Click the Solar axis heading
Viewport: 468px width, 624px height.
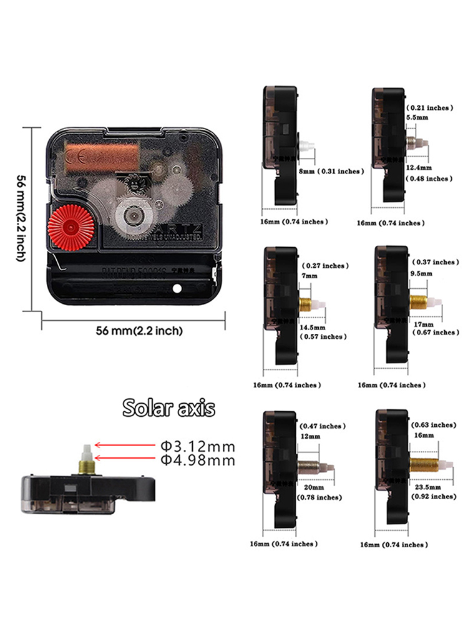point(168,408)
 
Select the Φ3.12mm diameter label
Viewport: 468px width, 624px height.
point(198,447)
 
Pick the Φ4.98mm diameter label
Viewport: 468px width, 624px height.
point(198,461)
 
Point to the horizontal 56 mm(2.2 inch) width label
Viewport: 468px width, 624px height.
point(139,331)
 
